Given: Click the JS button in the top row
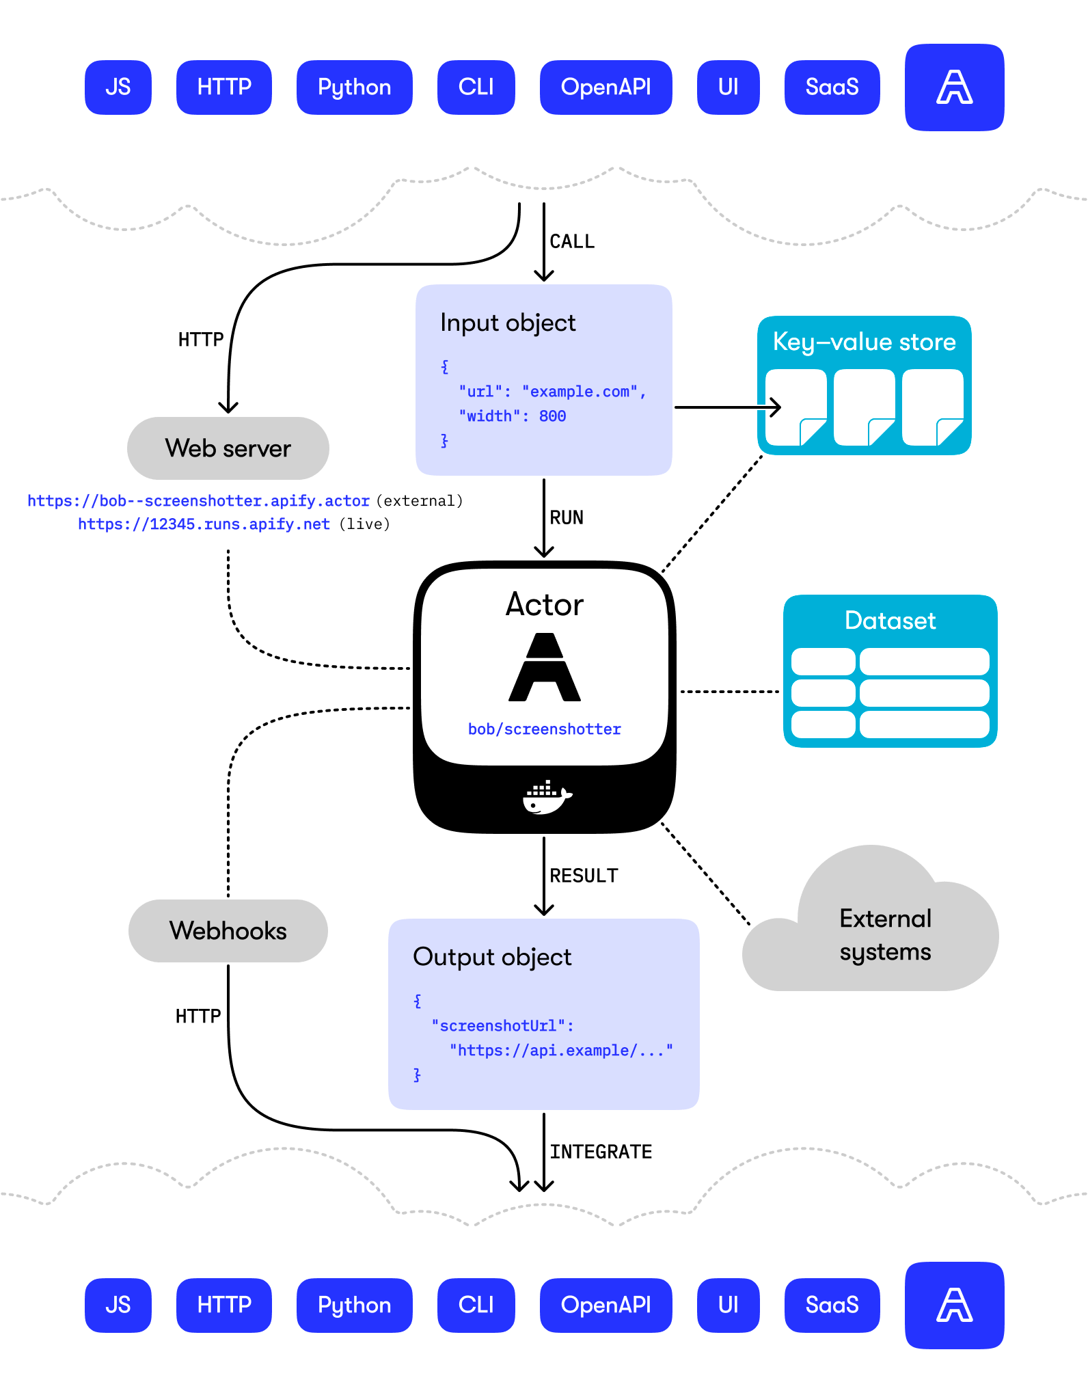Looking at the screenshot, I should (118, 87).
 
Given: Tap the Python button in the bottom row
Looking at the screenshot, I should (354, 1305).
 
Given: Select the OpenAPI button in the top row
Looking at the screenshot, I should (606, 87).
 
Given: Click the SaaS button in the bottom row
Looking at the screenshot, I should (832, 1305).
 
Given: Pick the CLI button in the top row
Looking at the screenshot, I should (476, 87).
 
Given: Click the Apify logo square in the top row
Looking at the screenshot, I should (954, 87).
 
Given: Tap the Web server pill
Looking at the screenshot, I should (228, 448).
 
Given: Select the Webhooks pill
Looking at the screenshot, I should (228, 931).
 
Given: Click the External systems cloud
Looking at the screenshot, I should (884, 935).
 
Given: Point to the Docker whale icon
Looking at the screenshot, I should (547, 797).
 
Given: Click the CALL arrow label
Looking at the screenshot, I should (572, 242).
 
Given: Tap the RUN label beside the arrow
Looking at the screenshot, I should (567, 518).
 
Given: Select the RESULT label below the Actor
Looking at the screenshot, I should (584, 876).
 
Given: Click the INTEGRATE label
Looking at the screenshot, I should (601, 1152).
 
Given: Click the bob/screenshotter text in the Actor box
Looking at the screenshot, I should (544, 729).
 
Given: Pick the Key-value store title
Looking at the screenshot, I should (864, 342).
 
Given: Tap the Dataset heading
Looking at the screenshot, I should (890, 621).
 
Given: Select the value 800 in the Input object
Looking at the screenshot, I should (552, 416).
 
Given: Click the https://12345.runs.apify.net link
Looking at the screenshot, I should (204, 524).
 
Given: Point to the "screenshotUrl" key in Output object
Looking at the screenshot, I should (502, 1026).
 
